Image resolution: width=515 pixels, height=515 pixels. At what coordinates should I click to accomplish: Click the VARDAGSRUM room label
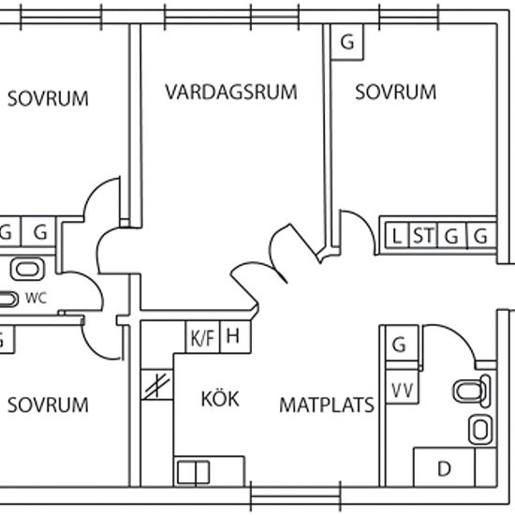[231, 92]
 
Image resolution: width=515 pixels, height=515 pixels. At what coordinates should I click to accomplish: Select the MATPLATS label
[327, 405]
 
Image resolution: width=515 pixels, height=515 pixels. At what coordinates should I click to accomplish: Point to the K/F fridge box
[202, 337]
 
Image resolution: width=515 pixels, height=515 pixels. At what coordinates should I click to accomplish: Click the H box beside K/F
[235, 337]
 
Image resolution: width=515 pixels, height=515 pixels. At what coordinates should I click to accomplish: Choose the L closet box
[397, 235]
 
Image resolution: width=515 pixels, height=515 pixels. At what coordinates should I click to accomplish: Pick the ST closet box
[423, 235]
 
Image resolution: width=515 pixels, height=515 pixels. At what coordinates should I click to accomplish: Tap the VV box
[402, 387]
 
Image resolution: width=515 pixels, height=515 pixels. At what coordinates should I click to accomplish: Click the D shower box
[444, 467]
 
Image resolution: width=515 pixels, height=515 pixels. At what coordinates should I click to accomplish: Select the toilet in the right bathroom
[472, 390]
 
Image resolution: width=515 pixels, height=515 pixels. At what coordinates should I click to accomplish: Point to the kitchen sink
[193, 473]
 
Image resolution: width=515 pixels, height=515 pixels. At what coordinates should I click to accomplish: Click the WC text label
[37, 298]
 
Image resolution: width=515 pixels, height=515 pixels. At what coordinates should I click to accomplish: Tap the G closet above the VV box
[402, 344]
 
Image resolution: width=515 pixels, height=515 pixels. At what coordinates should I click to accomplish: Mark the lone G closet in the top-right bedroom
[347, 42]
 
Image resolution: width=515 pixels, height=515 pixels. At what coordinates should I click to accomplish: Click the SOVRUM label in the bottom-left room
[48, 405]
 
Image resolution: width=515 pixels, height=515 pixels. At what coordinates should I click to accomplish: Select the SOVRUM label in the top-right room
[396, 92]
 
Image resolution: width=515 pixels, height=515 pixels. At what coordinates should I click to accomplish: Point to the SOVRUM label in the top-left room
[48, 98]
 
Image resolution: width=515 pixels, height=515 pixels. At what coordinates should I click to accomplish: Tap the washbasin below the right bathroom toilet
[480, 430]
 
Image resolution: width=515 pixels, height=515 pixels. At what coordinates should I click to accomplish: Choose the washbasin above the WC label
[27, 270]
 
